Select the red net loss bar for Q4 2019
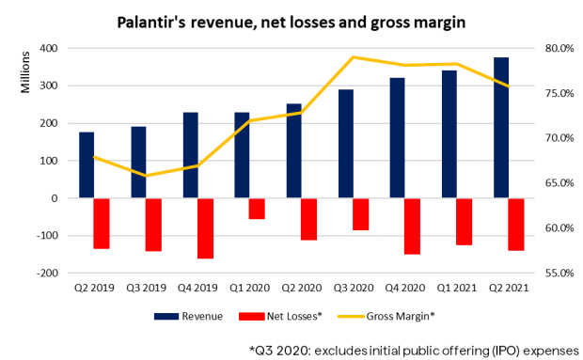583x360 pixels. (204, 227)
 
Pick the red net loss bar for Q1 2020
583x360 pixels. (256, 209)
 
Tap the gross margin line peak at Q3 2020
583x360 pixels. (353, 57)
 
